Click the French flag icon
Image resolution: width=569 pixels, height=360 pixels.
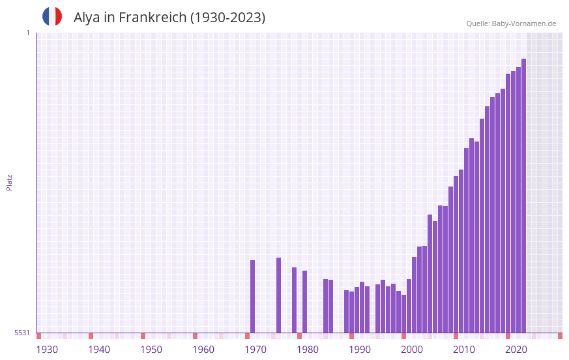coord(52,16)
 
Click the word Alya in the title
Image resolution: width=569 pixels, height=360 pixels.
coord(87,18)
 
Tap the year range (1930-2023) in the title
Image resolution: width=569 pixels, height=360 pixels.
coord(227,18)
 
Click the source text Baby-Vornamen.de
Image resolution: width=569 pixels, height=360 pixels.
coord(524,23)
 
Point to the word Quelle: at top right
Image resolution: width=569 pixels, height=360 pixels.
coord(478,23)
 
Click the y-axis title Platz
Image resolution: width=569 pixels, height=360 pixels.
coord(9,182)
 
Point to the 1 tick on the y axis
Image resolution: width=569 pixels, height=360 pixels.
coord(27,33)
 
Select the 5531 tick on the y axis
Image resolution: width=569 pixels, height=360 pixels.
coord(22,333)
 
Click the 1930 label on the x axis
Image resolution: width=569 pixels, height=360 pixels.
coord(47,350)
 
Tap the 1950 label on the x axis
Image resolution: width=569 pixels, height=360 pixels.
coord(151,350)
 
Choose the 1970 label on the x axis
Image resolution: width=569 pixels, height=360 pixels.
coord(255,350)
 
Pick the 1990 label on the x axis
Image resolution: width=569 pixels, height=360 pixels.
coord(360,350)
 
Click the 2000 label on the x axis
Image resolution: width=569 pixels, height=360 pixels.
coord(412,350)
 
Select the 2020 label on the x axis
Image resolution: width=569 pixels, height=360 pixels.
coord(516,350)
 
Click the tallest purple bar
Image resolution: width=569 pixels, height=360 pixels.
coord(523,196)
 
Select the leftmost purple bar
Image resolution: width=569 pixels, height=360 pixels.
coord(252,297)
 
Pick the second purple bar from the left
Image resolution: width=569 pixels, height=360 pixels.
coord(278,295)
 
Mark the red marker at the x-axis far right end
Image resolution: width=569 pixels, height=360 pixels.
coord(560,336)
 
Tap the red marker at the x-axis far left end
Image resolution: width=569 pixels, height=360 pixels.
coord(38,336)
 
